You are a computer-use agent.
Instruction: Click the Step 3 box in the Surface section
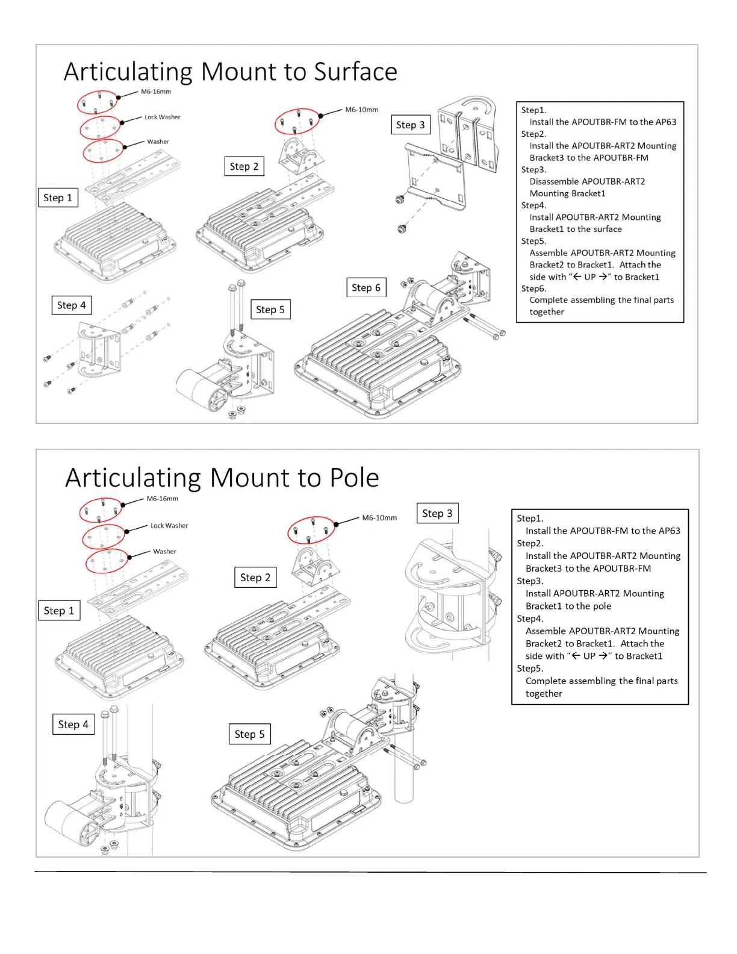tap(410, 125)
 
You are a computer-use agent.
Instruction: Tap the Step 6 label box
tap(366, 288)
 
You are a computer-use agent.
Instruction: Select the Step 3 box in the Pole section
tap(437, 513)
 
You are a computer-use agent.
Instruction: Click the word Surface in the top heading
tap(355, 72)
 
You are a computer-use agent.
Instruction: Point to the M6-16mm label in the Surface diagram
tap(156, 92)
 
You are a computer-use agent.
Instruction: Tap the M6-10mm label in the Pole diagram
tap(379, 518)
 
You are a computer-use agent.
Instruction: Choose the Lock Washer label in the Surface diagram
tap(162, 117)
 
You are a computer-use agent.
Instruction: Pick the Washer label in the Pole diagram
tap(164, 552)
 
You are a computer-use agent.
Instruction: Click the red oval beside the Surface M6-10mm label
tap(297, 122)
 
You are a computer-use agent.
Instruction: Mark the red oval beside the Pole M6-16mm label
tap(101, 510)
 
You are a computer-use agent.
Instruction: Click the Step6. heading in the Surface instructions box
tap(533, 288)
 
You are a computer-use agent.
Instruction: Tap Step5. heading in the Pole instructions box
tap(530, 669)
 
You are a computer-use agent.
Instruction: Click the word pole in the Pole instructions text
tap(600, 606)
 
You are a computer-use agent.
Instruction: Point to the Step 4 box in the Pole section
tap(73, 725)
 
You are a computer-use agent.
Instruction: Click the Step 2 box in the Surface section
tap(244, 166)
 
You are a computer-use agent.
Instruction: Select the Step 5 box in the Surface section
tap(270, 310)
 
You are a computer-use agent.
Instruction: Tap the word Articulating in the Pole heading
tap(133, 478)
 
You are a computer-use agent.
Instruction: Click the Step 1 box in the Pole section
tap(58, 611)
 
